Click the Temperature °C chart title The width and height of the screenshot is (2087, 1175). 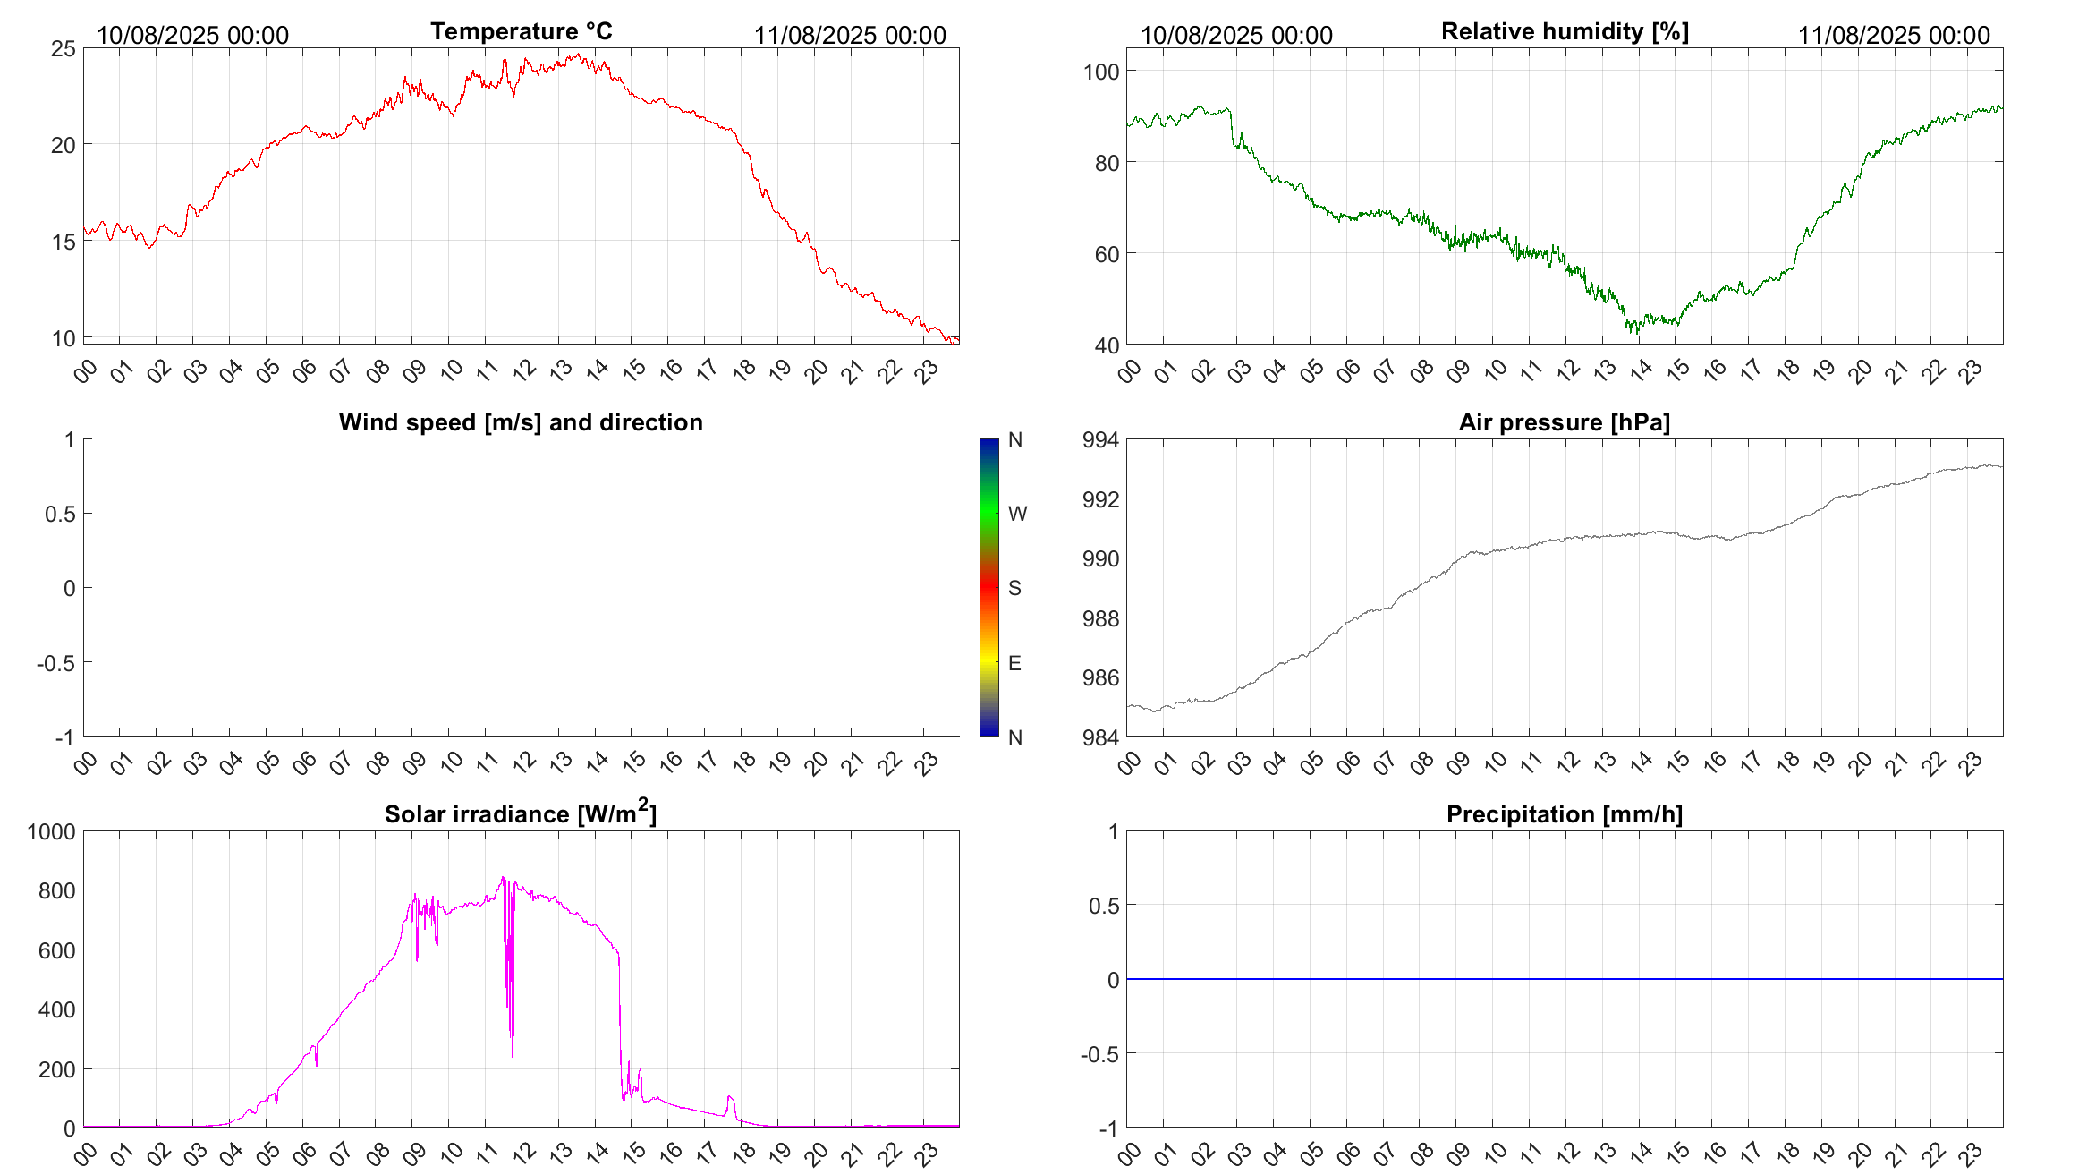(521, 31)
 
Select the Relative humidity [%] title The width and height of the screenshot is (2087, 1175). (1565, 31)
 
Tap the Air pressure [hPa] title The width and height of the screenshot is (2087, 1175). (1564, 422)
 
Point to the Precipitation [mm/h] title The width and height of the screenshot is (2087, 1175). (1564, 814)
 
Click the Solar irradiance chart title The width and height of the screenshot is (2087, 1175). (521, 813)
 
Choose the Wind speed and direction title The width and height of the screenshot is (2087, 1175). (521, 422)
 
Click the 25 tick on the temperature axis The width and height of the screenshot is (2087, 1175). (64, 48)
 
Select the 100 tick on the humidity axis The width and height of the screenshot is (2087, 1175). (1101, 72)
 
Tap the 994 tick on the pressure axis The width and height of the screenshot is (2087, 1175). (1100, 439)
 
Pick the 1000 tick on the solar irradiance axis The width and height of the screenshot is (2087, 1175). (52, 831)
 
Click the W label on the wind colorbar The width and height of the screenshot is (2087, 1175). (1017, 514)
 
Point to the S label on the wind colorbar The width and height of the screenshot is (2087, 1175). (1014, 588)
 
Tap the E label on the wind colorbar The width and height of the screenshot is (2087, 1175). (1014, 663)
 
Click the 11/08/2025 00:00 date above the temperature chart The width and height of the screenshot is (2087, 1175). (850, 35)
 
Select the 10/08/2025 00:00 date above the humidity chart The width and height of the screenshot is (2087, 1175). (1236, 35)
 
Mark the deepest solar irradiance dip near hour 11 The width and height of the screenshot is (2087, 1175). (512, 1056)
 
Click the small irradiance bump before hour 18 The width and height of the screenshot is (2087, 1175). (730, 1097)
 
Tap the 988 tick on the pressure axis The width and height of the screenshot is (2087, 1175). (1100, 618)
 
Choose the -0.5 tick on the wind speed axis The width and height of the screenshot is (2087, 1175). (55, 663)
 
